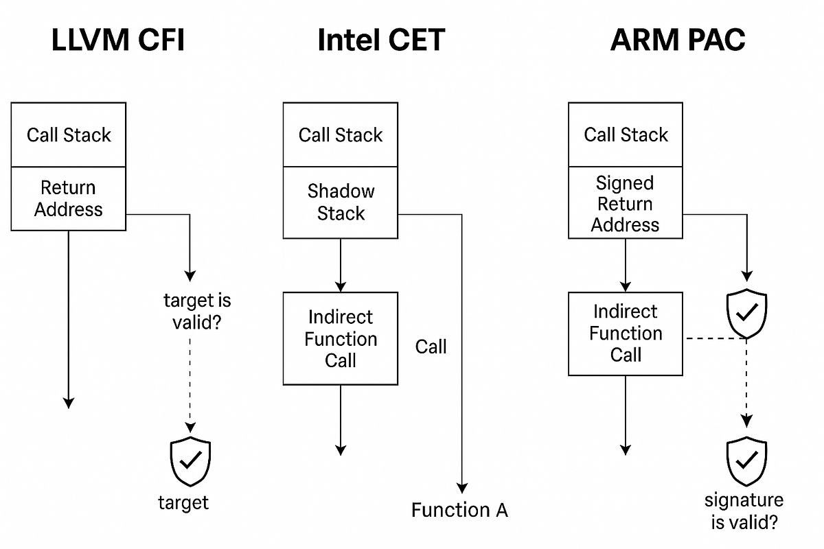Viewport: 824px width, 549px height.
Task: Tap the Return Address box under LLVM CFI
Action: (x=69, y=198)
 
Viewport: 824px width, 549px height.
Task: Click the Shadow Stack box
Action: (x=341, y=202)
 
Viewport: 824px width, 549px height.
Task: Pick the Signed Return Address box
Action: (x=626, y=204)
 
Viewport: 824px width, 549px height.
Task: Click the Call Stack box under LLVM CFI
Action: (x=69, y=135)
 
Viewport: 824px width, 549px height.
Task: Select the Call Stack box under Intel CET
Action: (x=341, y=135)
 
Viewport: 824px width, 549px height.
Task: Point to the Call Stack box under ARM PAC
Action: (x=626, y=135)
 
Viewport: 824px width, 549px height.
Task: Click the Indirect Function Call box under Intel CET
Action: (x=341, y=338)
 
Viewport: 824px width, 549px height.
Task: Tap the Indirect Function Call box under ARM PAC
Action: (x=626, y=334)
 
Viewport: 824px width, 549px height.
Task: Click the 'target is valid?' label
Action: (x=197, y=311)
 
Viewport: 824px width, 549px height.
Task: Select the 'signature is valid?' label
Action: (x=744, y=511)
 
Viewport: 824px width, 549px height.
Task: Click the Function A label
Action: (x=459, y=510)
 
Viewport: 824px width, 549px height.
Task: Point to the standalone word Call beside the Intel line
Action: (x=431, y=347)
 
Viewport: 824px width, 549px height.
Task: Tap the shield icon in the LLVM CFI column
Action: (x=190, y=460)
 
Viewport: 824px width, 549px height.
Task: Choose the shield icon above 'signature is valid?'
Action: (x=746, y=461)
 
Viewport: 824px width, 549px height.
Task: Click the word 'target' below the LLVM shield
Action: (x=183, y=502)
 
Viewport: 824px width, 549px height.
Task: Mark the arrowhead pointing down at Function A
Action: (x=462, y=488)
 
